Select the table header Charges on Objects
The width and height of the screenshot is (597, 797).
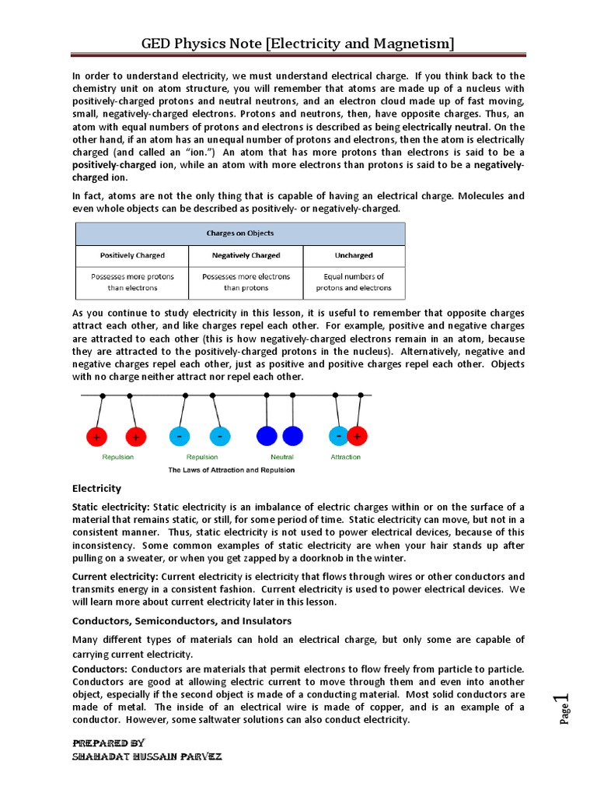pos(239,233)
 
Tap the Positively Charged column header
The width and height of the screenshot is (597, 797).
pos(132,255)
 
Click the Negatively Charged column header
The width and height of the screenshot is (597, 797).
pos(246,255)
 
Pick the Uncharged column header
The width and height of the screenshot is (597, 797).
pos(354,255)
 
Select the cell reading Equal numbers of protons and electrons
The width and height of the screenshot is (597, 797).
pos(354,282)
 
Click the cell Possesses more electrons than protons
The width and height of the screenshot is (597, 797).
pos(246,282)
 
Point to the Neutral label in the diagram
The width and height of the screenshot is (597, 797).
pos(281,457)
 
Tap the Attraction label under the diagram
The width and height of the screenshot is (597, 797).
pos(345,457)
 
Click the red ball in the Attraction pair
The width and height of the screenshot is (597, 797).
pos(358,437)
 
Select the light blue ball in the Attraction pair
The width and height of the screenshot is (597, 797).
pos(339,437)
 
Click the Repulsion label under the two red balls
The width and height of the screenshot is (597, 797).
pos(117,457)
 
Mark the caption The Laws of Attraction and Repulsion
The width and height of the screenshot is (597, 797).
pos(232,470)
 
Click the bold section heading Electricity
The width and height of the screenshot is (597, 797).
pos(96,489)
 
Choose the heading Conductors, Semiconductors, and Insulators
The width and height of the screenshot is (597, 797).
pos(182,620)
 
